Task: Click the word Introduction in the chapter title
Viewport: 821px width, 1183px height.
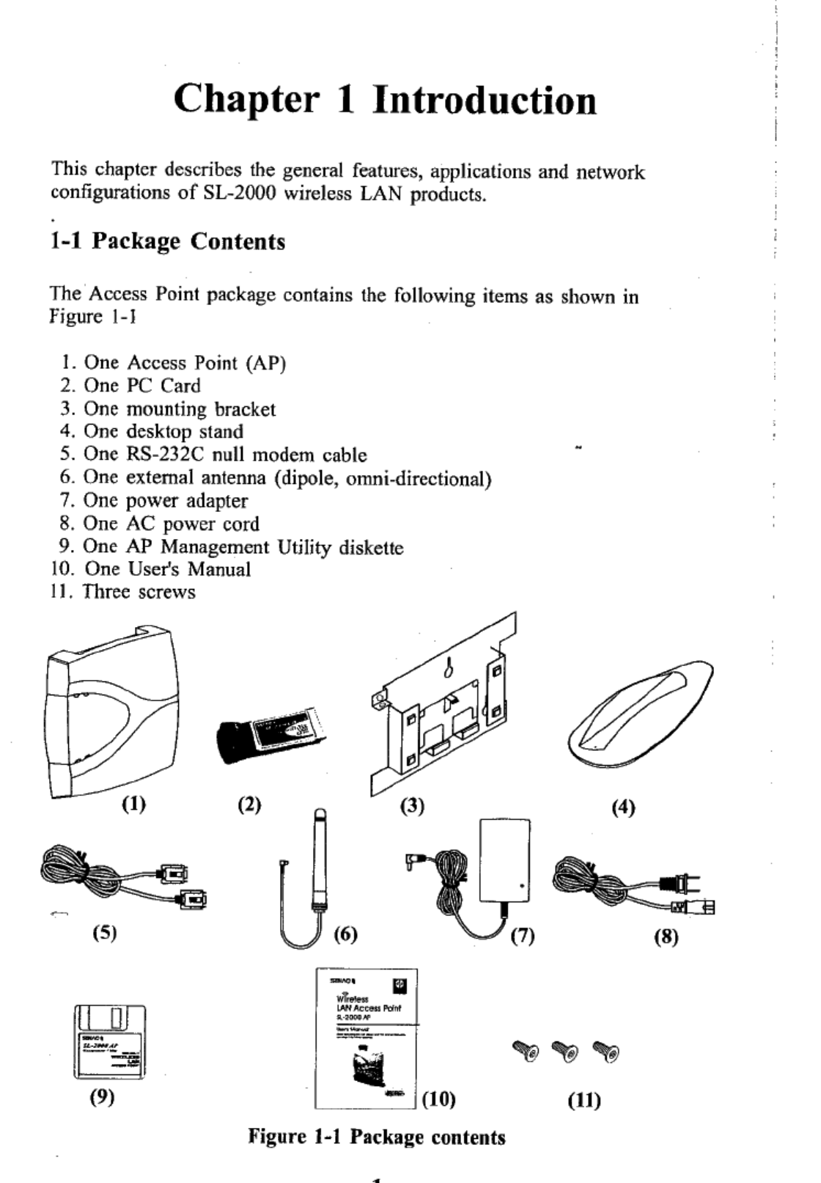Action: pos(485,100)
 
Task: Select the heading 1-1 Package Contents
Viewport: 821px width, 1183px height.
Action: pos(168,241)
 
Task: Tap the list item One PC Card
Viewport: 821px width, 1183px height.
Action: pos(141,386)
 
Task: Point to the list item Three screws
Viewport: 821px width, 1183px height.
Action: pos(139,592)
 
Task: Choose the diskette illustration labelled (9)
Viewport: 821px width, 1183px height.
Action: pos(110,1042)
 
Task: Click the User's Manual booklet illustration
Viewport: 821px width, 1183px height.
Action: pos(366,1038)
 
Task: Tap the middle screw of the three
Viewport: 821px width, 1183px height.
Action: pos(565,1051)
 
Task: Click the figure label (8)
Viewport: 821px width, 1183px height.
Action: pos(666,937)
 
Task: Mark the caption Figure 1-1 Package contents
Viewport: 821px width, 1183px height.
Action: pos(377,1138)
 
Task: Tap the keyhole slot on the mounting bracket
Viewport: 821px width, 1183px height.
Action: pos(452,667)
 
